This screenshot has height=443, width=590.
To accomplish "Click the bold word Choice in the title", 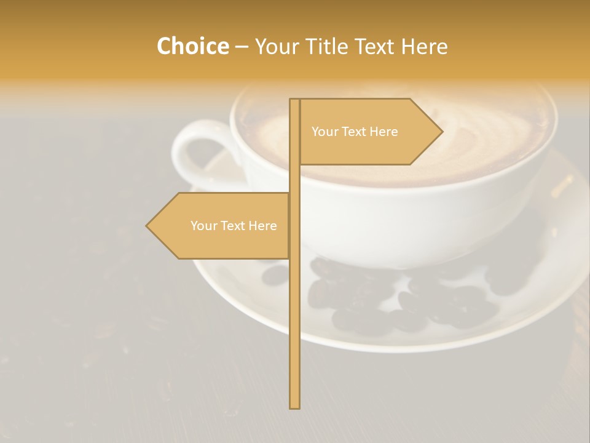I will click(192, 46).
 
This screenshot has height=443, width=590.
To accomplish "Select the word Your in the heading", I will click(276, 46).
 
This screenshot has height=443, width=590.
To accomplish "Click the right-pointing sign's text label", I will click(355, 132).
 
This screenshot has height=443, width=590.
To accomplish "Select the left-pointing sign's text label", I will click(234, 226).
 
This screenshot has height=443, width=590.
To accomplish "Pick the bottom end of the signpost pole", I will click(295, 406).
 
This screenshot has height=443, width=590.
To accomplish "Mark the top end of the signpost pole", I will click(295, 100).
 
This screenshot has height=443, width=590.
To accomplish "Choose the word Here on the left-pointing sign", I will click(262, 226).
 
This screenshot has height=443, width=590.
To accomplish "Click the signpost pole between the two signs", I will click(295, 178).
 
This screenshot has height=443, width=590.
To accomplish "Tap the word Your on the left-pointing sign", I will click(203, 226).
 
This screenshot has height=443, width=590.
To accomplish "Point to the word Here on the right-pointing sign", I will click(384, 132).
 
